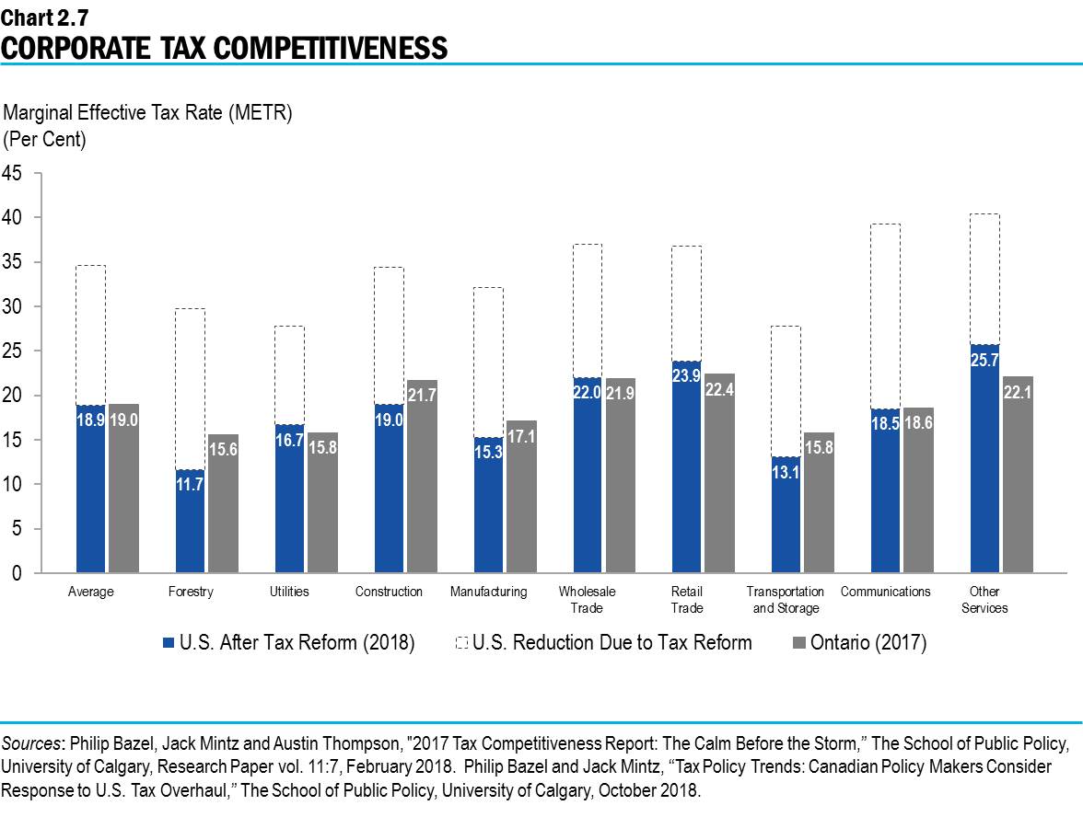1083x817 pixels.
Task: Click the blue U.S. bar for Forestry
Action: pyautogui.click(x=190, y=522)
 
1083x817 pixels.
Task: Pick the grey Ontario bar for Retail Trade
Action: pyautogui.click(x=719, y=473)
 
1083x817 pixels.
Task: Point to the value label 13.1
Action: pyautogui.click(x=786, y=474)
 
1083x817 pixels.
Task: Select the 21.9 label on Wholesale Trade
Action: pyautogui.click(x=620, y=394)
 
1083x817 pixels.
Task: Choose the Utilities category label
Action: pyautogui.click(x=289, y=592)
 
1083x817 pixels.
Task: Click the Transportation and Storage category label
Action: pyautogui.click(x=786, y=600)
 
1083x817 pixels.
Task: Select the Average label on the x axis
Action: pyautogui.click(x=91, y=592)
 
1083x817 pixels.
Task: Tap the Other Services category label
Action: pyautogui.click(x=984, y=600)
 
